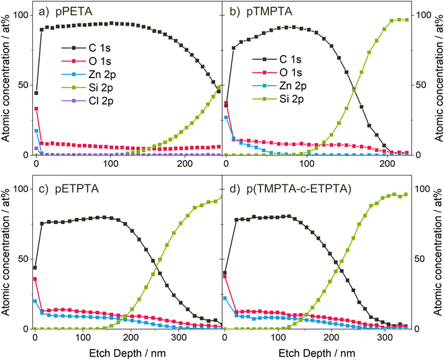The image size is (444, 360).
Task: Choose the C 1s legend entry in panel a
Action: [87, 48]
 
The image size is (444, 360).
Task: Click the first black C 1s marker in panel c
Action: [35, 268]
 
